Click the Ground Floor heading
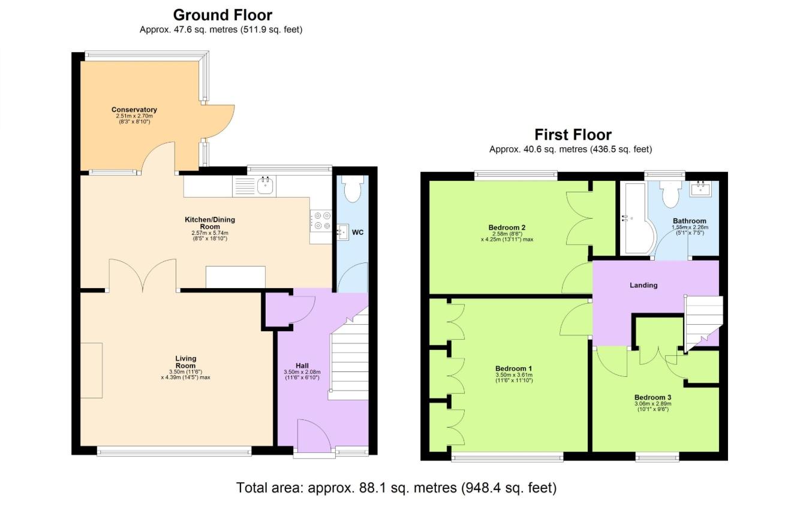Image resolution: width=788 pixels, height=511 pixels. click(222, 15)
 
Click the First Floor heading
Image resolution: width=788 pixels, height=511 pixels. click(573, 135)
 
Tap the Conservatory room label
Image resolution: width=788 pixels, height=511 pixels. click(134, 110)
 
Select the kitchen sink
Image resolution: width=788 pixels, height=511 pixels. click(266, 186)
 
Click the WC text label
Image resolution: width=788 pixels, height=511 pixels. click(358, 232)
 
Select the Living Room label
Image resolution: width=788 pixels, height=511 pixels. click(186, 362)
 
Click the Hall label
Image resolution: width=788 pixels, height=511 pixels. click(302, 365)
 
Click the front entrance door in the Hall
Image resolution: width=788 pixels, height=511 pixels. click(314, 437)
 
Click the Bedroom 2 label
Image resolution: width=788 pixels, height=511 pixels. click(507, 228)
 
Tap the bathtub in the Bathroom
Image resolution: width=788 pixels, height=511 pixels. click(634, 219)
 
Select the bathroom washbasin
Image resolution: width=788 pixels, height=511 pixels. click(700, 189)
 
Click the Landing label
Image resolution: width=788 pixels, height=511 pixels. click(643, 285)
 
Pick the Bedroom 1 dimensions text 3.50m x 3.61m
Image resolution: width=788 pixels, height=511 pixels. click(514, 375)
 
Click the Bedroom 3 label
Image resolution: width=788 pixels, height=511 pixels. click(652, 397)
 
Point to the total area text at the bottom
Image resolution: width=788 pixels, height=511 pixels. click(396, 488)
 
